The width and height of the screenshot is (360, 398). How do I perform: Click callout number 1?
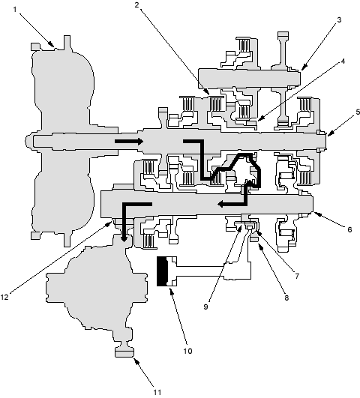15,10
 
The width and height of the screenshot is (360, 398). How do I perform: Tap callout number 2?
137,4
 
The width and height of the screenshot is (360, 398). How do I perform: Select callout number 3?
339,19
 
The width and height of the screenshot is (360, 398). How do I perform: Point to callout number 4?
343,61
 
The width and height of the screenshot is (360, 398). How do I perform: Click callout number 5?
358,112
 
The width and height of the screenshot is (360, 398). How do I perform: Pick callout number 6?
349,229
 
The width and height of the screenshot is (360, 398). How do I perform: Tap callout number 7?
297,276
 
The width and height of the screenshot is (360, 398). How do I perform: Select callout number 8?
286,298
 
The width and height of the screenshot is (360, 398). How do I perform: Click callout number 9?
205,307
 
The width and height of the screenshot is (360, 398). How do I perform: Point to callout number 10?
187,351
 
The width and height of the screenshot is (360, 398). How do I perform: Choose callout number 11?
157,392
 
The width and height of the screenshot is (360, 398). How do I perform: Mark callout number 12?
4,297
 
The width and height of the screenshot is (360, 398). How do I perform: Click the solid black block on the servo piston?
162,271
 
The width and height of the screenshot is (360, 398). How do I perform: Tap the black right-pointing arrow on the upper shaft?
129,141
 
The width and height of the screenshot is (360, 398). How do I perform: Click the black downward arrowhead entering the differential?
124,238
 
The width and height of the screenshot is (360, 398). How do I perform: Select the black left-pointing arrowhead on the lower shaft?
221,204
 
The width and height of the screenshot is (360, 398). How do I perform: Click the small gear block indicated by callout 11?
124,352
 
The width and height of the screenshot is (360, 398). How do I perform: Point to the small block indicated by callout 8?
254,238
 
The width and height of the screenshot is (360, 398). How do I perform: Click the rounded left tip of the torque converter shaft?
28,140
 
